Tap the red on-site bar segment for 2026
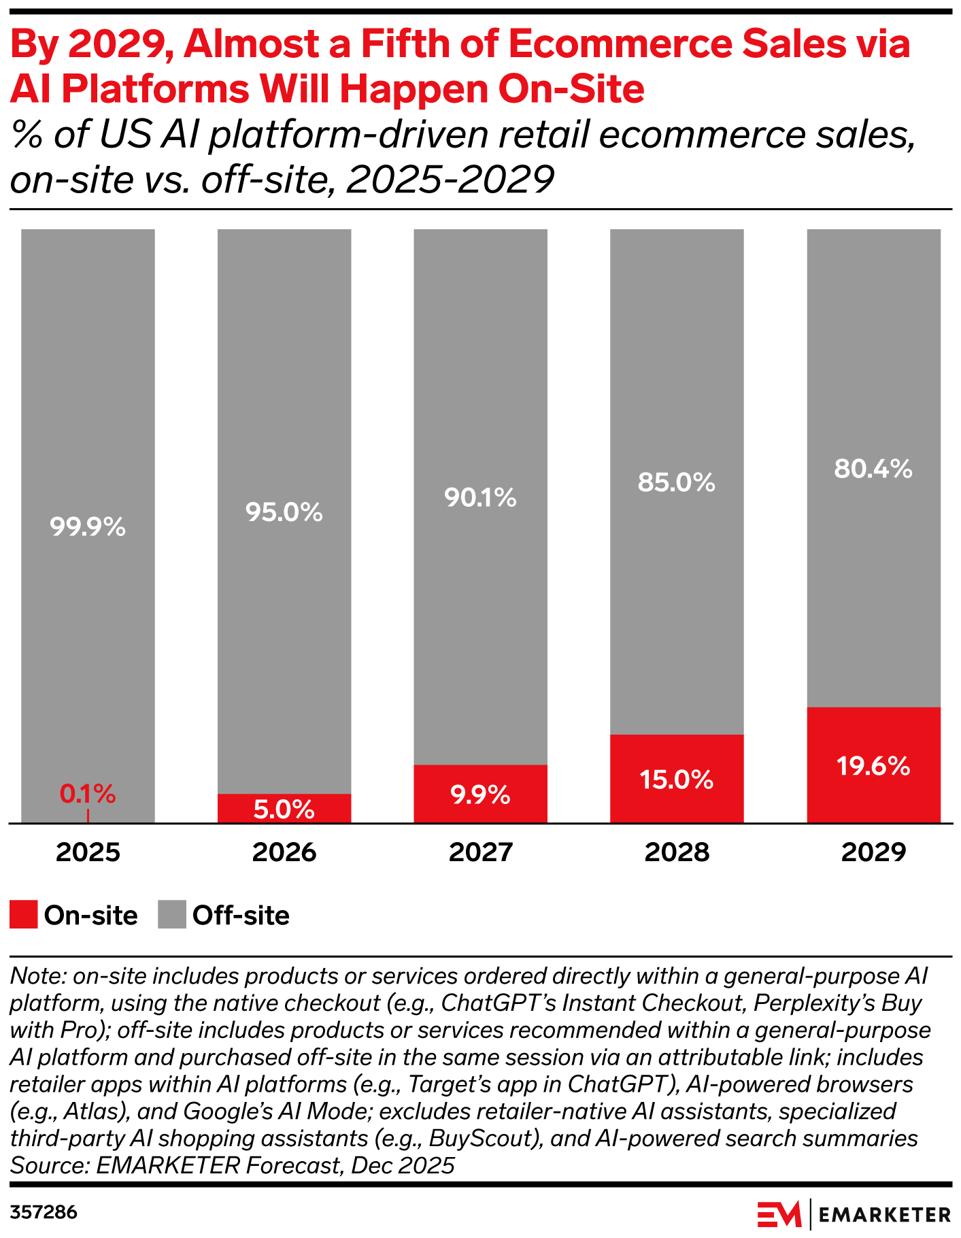tap(284, 808)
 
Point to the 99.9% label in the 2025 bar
tap(88, 527)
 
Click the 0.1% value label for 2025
tap(88, 793)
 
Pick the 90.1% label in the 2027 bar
tap(480, 498)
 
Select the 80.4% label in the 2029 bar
tap(873, 469)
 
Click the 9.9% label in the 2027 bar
tap(480, 794)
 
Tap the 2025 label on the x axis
tap(88, 852)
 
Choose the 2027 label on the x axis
tap(480, 852)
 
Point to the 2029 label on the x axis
tap(873, 852)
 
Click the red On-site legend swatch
tap(24, 915)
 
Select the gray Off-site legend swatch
tap(171, 915)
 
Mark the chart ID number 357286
tap(44, 1212)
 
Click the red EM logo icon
tap(779, 1214)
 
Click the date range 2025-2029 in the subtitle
tap(450, 180)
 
